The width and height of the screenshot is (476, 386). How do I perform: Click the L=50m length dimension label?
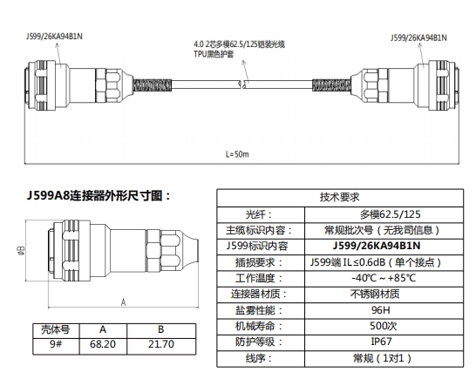point(237,154)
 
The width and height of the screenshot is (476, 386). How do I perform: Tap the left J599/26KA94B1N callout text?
point(54,37)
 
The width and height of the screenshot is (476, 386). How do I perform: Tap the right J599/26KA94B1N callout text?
point(418,37)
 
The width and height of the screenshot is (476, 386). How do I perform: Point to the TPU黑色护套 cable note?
point(214,54)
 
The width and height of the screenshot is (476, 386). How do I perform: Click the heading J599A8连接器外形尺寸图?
point(99,196)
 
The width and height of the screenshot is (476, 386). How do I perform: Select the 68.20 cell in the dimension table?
point(103,344)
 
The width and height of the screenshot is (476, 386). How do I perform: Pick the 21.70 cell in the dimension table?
point(161,344)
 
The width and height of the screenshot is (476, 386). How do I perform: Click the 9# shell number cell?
point(56,344)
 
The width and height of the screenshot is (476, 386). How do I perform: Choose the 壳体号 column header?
point(56,329)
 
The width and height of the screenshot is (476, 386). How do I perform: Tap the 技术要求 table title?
point(339,197)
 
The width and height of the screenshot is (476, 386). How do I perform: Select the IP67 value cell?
point(381,342)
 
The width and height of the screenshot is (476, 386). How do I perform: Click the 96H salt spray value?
point(381,310)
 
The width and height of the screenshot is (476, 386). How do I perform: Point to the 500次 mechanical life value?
point(383,326)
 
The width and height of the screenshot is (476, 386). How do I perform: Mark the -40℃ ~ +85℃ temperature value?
point(384,278)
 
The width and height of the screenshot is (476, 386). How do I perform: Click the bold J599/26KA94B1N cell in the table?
point(377,246)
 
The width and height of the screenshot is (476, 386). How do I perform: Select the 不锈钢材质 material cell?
point(375,294)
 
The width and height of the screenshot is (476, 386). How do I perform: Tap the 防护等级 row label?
point(259,342)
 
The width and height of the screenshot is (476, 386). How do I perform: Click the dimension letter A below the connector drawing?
point(123,302)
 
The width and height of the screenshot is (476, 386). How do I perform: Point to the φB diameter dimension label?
point(22,250)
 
